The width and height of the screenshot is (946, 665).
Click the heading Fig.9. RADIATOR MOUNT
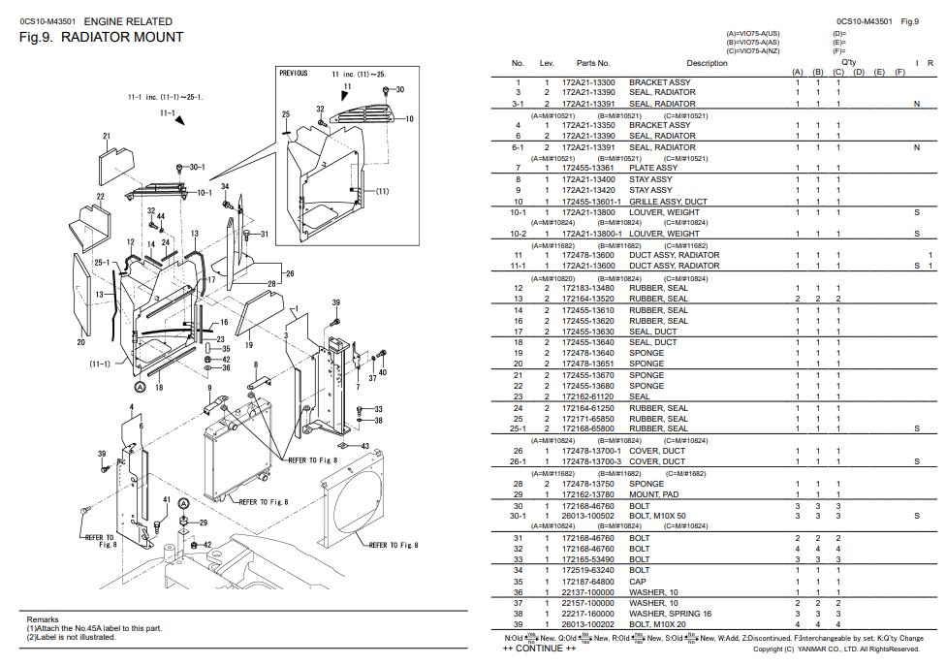101,38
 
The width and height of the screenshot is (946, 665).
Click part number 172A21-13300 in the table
587,82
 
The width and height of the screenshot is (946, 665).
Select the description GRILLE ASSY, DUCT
668,202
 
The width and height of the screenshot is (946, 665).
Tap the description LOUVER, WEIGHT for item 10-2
664,234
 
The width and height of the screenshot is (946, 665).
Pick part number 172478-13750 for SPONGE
587,484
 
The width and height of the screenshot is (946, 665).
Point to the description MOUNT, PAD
653,494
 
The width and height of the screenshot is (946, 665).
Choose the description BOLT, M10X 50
657,516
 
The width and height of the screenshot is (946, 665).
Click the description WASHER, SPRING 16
670,614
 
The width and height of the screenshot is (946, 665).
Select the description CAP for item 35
639,582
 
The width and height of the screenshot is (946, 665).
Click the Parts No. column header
593,64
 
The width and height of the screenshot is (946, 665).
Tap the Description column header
707,64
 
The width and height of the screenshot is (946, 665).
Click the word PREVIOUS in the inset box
294,74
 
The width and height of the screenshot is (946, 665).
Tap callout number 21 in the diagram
106,137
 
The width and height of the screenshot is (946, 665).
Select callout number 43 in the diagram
364,446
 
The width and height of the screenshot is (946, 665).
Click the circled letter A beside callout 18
140,387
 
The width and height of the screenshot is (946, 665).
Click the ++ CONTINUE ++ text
532,649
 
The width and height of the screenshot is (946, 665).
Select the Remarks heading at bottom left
43,619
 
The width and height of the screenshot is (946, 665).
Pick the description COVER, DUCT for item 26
656,451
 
